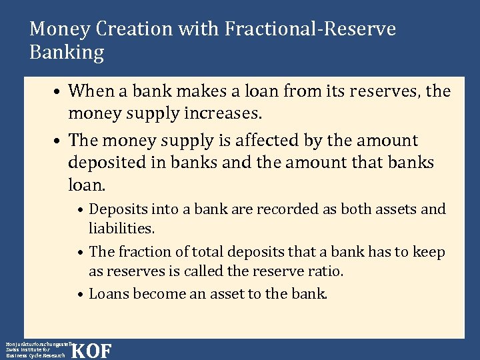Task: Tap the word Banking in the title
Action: coord(67,53)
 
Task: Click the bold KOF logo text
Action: coord(91,351)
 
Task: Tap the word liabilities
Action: coord(121,229)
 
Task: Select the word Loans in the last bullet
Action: coord(109,293)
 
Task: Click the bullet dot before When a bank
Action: coord(59,91)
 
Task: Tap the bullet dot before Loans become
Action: coord(80,294)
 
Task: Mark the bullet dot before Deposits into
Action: coord(80,210)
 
